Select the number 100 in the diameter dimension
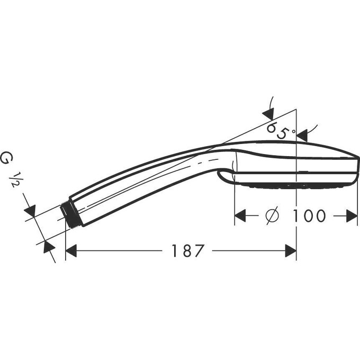[x=308, y=215]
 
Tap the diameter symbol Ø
[x=271, y=215]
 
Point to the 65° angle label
[x=280, y=130]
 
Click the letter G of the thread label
[x=7, y=158]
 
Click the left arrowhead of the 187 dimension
[x=71, y=250]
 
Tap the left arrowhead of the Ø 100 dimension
[x=241, y=215]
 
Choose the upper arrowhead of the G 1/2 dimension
[x=30, y=211]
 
